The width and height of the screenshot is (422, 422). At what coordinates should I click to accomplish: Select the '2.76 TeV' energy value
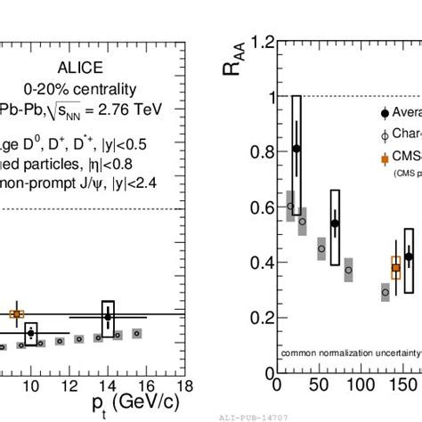[126, 110]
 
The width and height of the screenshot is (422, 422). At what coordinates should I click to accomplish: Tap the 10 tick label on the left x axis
[31, 384]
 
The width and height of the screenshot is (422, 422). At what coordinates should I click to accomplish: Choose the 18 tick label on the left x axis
[184, 384]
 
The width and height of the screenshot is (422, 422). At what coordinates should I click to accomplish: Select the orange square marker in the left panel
[16, 313]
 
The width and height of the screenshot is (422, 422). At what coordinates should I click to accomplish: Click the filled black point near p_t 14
[108, 316]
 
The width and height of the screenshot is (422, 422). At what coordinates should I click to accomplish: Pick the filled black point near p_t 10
[31, 334]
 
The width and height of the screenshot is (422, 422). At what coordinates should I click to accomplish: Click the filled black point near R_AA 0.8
[296, 149]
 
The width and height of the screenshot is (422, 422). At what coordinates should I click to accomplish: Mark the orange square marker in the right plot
[396, 267]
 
